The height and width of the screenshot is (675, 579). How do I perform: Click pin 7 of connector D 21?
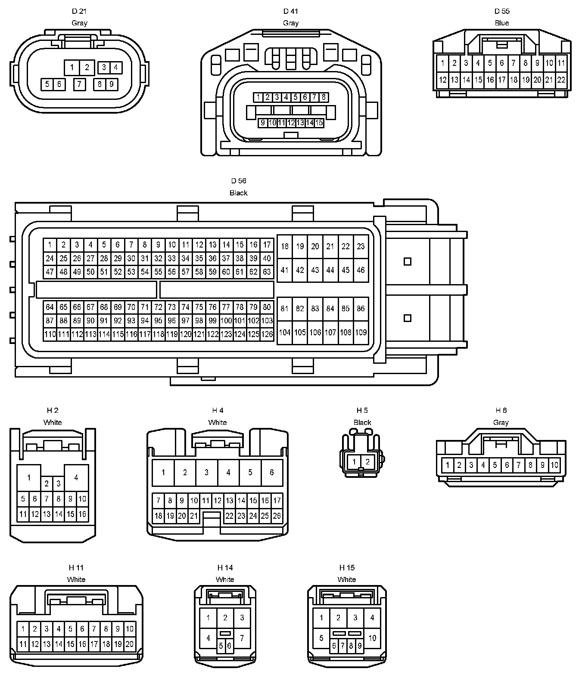(x=79, y=84)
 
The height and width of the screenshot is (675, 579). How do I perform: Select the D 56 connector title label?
(x=238, y=181)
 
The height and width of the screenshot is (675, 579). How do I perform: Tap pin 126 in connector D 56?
(x=267, y=334)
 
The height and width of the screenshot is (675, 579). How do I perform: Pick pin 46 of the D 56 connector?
(x=361, y=270)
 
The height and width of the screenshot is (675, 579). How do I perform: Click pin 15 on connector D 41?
(x=319, y=123)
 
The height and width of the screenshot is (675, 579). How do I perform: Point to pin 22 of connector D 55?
(x=561, y=80)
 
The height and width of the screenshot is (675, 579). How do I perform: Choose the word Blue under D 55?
(x=502, y=23)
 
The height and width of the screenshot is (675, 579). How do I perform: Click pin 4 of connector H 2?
(x=76, y=477)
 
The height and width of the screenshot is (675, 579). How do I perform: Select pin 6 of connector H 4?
(x=272, y=472)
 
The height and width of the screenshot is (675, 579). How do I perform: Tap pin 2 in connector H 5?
(x=367, y=462)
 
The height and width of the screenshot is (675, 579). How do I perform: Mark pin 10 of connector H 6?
(x=554, y=465)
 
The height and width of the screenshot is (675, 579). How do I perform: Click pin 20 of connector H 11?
(x=129, y=644)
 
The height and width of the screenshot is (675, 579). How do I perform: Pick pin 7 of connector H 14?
(x=242, y=638)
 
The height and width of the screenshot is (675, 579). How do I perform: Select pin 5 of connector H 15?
(x=321, y=638)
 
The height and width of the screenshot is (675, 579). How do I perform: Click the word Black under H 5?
(x=362, y=423)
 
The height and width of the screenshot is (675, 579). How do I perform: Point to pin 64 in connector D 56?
(x=50, y=307)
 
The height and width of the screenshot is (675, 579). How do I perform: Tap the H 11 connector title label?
(x=76, y=568)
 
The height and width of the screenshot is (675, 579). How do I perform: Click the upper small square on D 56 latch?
(x=407, y=261)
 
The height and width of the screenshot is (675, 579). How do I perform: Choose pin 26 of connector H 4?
(x=277, y=516)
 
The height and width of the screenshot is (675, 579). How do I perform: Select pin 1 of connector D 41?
(x=258, y=97)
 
